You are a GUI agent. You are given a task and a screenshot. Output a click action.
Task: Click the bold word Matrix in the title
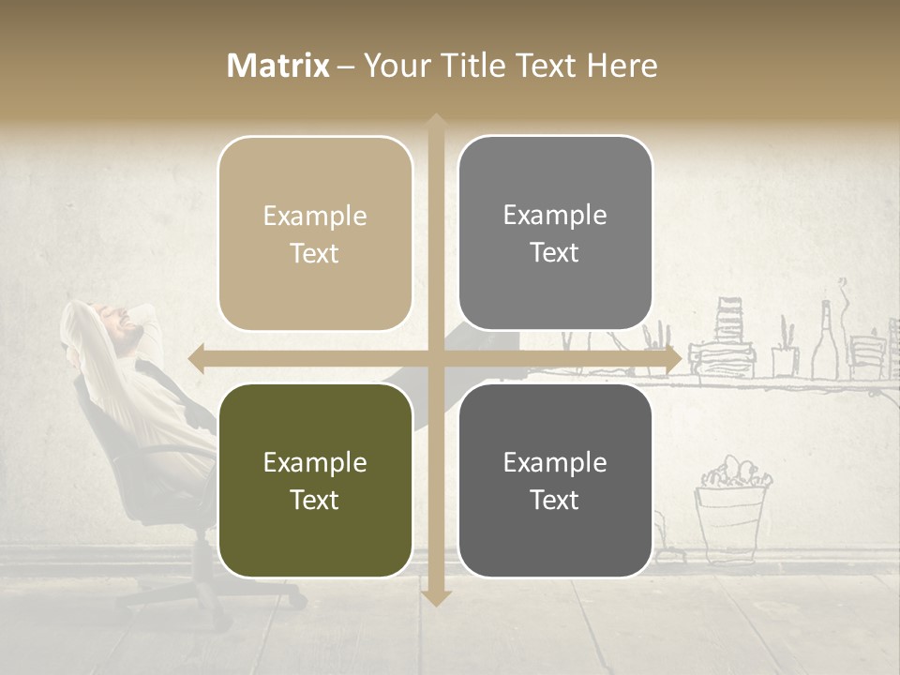(x=278, y=66)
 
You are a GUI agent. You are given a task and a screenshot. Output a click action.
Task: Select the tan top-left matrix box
(x=315, y=233)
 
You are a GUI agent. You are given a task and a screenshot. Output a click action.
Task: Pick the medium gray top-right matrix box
(x=555, y=233)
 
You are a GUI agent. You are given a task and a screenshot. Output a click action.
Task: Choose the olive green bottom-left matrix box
(x=315, y=480)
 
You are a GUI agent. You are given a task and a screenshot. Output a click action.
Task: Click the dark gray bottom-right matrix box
(x=555, y=480)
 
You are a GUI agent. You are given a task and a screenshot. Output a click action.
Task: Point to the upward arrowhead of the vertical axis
(x=435, y=122)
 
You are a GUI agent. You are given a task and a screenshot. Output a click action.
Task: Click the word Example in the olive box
(x=315, y=462)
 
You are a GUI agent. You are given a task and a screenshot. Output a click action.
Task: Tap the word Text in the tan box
(x=315, y=253)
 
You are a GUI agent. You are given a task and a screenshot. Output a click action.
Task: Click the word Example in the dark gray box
(x=555, y=462)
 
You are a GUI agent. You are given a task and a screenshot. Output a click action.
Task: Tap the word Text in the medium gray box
(x=555, y=252)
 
